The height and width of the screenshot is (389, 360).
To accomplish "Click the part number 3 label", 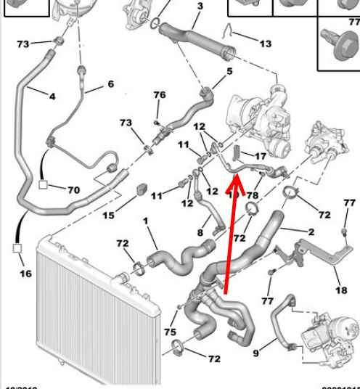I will [x=200, y=7].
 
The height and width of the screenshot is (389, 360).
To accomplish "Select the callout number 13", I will [x=265, y=44].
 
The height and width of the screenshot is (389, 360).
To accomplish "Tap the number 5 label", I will [x=229, y=71].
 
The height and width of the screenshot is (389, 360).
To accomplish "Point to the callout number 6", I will [x=110, y=84].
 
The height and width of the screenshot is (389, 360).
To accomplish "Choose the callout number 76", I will [x=159, y=95].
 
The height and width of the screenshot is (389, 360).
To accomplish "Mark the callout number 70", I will [x=73, y=190].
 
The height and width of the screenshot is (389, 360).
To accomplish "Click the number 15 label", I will [x=108, y=216].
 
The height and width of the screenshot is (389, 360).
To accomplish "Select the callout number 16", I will [x=25, y=274].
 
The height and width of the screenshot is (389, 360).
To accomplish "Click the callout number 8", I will [x=200, y=232].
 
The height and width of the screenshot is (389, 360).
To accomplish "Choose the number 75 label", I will [x=170, y=332].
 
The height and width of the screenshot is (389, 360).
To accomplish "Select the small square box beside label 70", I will [x=44, y=185].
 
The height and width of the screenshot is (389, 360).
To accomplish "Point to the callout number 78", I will [x=252, y=196].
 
